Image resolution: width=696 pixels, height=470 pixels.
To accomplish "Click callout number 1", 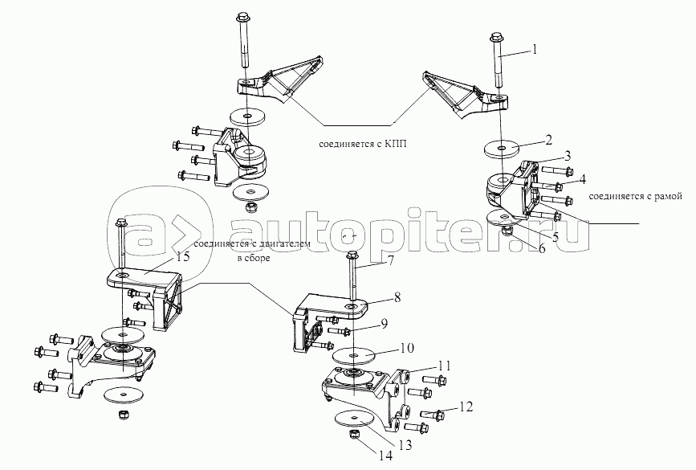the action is [x=535, y=49].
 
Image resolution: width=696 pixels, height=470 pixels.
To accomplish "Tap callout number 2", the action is [x=548, y=141].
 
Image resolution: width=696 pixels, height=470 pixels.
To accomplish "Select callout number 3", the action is [x=568, y=156].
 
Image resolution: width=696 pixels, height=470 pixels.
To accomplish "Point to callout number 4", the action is [x=582, y=178].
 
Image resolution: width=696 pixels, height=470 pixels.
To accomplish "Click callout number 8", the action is [x=397, y=297].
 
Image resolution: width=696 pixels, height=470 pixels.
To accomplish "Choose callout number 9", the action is [x=385, y=324].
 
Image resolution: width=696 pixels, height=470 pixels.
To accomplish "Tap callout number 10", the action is [x=408, y=347].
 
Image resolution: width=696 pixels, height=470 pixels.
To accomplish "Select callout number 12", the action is [x=466, y=407].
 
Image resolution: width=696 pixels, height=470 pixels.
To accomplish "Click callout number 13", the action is [x=405, y=444].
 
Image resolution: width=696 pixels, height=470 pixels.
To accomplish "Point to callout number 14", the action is [x=385, y=456].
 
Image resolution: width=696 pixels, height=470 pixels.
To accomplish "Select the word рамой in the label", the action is [x=668, y=196].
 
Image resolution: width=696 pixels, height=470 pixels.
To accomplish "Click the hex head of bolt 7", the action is [x=352, y=255].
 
